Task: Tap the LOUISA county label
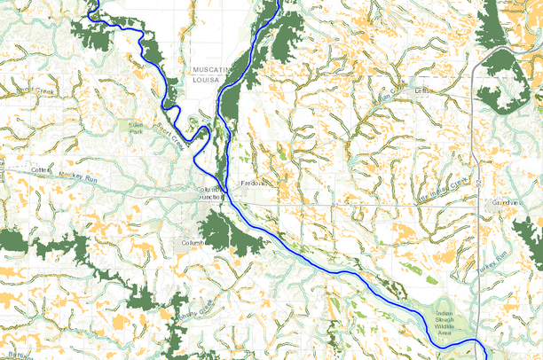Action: point(208,78)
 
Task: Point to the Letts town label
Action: point(422,90)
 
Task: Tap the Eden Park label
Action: point(136,129)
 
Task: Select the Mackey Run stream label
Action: point(76,176)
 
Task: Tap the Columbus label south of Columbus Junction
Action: point(193,242)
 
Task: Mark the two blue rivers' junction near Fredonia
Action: point(227,189)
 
